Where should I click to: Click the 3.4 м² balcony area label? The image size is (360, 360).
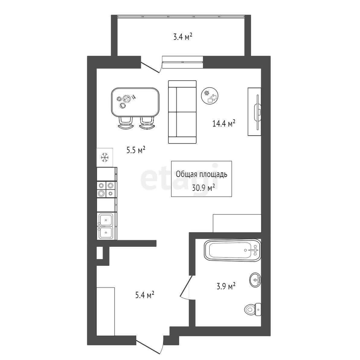tap(182, 37)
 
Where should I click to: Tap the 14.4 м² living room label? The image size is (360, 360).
tap(224, 124)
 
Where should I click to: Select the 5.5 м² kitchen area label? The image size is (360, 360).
tap(136, 150)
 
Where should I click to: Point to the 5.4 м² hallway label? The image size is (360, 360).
tap(144, 295)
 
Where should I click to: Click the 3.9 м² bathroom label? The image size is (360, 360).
tap(226, 286)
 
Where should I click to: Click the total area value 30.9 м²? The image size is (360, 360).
tap(204, 188)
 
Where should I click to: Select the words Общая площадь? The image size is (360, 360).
tap(201, 174)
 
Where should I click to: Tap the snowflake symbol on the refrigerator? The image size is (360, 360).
tap(105, 158)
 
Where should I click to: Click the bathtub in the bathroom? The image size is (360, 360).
tap(232, 250)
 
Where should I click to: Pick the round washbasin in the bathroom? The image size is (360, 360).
tap(255, 280)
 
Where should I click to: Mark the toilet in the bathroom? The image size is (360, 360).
tap(253, 310)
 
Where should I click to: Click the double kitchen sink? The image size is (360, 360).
tap(106, 226)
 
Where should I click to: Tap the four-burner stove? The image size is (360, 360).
tap(106, 189)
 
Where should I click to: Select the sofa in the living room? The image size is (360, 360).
tap(182, 112)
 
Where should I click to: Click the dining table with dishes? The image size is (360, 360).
tap(135, 102)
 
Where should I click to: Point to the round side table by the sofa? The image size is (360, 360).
tap(209, 96)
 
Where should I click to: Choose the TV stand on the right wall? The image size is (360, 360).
tap(254, 111)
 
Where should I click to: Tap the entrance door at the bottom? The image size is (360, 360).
tap(150, 344)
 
